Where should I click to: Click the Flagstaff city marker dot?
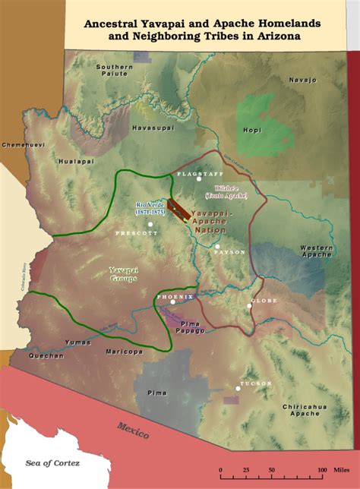(199, 179)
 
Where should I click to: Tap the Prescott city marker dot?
(150, 224)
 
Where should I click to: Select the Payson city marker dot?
(217, 247)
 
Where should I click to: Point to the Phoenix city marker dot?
(173, 302)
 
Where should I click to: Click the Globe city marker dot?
(250, 308)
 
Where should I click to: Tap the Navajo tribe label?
(302, 80)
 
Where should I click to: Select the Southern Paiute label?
(115, 71)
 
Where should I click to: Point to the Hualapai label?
(75, 161)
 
